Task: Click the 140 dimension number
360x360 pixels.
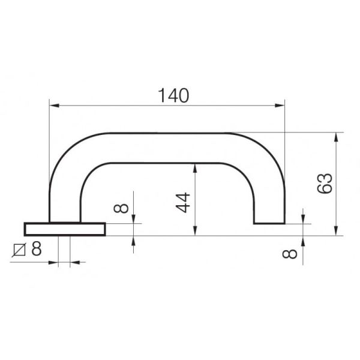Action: pos(173,95)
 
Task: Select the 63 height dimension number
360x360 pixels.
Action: pos(325,184)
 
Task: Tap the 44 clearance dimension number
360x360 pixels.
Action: pos(183,203)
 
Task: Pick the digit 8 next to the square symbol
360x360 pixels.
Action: pos(36,248)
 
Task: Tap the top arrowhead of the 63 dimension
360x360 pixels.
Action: pos(337,137)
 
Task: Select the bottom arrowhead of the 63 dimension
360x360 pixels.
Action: pos(337,231)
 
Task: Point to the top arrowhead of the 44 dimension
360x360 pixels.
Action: pos(195,167)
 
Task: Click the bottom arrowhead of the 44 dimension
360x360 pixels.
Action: pos(195,231)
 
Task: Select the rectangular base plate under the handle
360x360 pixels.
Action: pos(65,229)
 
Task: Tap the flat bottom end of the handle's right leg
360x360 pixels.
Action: pos(269,224)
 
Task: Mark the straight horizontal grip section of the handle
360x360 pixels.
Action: pos(168,148)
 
